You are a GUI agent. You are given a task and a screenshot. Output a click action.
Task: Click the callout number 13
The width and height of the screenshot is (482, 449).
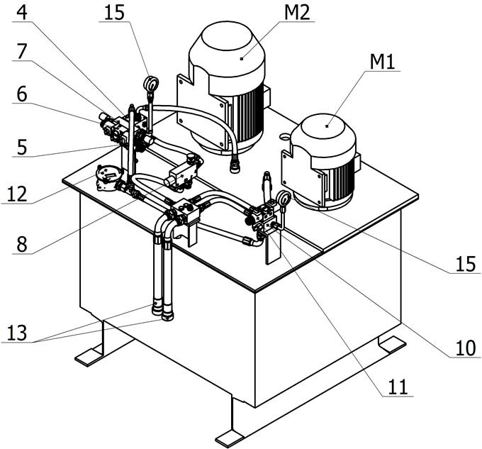(x=21, y=331)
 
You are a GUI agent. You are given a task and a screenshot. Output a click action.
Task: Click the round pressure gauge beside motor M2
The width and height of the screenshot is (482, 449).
(x=150, y=84)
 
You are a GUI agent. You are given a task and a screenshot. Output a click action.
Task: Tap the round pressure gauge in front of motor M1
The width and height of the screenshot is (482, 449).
(x=283, y=199)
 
